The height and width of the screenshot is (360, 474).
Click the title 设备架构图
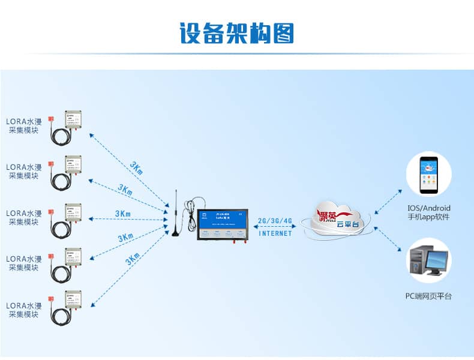coord(237,33)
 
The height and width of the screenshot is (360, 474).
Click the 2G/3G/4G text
coord(275,221)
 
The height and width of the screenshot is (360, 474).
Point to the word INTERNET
coord(275,233)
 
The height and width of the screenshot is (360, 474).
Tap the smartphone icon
coord(428,174)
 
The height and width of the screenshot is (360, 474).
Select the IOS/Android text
coord(428,208)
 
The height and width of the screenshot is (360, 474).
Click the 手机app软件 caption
coord(428,217)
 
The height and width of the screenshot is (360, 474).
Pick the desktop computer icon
coord(428,262)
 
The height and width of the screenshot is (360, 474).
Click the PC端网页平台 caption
coord(428,296)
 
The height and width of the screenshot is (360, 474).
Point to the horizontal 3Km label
coord(123,214)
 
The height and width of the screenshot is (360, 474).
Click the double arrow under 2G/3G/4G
coord(275,227)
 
